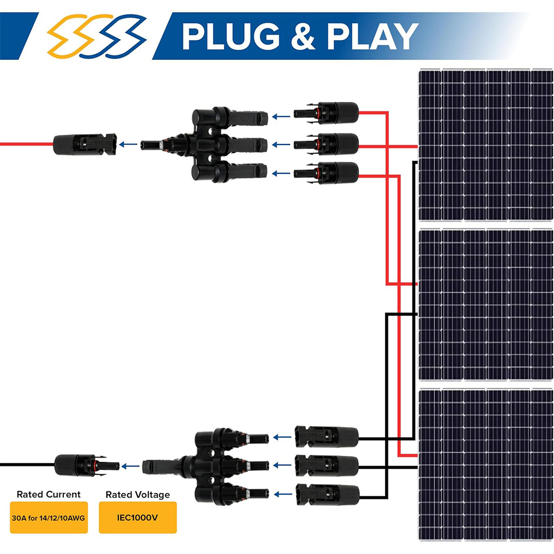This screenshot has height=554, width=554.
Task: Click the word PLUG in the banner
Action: pos(231,37)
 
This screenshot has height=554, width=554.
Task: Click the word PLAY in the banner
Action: pos(373,37)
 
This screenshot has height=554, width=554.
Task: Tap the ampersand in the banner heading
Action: pos(303,37)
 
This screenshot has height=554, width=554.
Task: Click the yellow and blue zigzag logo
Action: pos(96,36)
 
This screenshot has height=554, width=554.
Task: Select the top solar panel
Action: pos(486,145)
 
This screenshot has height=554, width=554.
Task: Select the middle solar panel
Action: pos(486,305)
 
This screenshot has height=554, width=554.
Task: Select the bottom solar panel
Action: pos(486,465)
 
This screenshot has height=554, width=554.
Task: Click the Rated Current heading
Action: pos(49,494)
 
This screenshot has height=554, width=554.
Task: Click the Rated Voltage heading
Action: pos(138,495)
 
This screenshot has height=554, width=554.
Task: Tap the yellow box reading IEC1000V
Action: pos(138,517)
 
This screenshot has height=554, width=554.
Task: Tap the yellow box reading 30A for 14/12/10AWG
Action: pos(49,517)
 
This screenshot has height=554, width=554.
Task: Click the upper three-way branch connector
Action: pos(204,145)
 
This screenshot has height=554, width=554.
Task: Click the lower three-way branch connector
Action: pos(206,466)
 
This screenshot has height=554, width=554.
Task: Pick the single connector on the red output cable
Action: pos(85,144)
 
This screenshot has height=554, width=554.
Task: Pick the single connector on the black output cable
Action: pos(87,465)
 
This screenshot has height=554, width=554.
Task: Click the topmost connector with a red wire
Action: pos(326,113)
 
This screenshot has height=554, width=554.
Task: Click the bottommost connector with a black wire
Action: pos(327,494)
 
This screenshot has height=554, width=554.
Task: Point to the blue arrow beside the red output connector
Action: pos(129,144)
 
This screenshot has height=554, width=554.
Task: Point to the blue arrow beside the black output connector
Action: pos(130,466)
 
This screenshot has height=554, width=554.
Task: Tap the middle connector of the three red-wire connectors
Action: pos(326,144)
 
